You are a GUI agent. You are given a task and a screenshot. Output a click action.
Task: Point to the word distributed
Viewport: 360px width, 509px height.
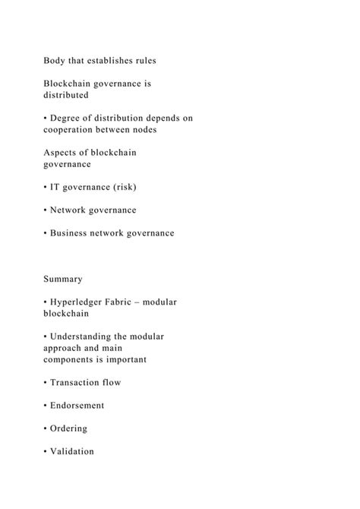[x=66, y=96]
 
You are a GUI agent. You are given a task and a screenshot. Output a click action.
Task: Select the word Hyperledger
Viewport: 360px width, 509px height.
[x=82, y=302]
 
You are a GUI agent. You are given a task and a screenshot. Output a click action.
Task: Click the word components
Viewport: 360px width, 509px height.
[x=76, y=359]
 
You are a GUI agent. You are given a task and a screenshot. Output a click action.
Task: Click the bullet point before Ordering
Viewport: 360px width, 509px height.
[x=46, y=428]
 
